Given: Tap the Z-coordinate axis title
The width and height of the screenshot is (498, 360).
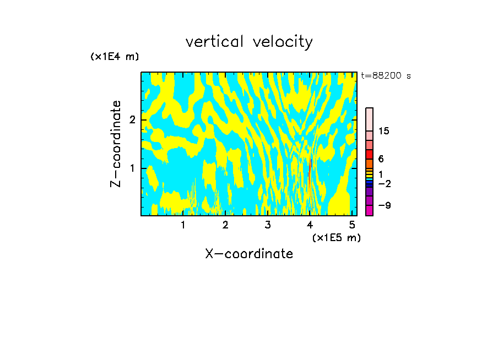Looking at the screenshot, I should [x=116, y=144].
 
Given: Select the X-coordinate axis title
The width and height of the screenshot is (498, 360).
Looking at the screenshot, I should [x=249, y=254].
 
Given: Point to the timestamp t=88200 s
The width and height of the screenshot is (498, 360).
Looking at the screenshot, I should [x=386, y=76].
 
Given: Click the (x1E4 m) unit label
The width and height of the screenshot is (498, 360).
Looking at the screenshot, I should [x=115, y=57].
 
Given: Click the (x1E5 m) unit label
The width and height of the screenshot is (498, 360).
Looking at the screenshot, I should [x=336, y=237].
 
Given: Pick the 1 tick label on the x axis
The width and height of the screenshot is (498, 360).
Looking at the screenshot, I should [x=183, y=225].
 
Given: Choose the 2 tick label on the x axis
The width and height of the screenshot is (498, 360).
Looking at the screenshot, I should [x=225, y=225].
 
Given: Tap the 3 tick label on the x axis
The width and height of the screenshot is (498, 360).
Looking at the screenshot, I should [x=268, y=225].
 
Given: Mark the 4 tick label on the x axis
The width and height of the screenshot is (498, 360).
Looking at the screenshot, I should [x=310, y=225].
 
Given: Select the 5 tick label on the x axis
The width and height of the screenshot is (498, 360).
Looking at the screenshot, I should [x=352, y=225].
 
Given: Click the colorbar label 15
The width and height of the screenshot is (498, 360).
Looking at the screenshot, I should [x=384, y=132].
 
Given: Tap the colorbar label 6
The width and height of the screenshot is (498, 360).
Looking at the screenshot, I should [x=381, y=159].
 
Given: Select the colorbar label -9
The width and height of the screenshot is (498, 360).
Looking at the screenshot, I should [x=384, y=206].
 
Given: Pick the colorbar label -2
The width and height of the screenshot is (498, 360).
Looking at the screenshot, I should [x=384, y=183].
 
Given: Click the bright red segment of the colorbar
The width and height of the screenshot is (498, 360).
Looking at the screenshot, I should [x=370, y=155].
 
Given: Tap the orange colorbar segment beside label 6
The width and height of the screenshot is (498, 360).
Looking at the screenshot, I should [x=370, y=163].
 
